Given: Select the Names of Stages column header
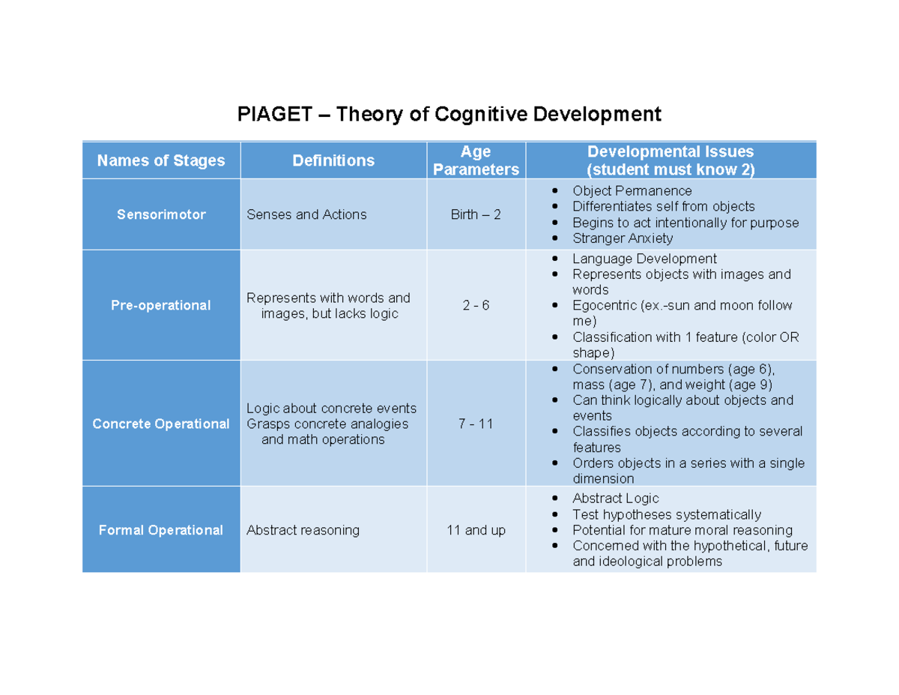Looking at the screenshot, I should coord(161,160).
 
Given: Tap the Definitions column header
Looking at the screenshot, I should coord(333,160).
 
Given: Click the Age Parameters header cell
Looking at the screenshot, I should coord(476,160).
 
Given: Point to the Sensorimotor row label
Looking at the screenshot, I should coord(161,214).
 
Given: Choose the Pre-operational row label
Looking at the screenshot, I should coord(161,305).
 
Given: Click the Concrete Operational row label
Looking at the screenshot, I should coord(161,424).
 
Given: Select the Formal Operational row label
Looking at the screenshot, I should coord(161,530).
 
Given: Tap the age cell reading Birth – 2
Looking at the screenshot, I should coord(476,214).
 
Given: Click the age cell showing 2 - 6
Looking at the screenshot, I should coord(476,305).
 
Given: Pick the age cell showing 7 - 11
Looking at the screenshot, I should coord(476,424).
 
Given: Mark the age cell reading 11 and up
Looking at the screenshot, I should coord(476,530).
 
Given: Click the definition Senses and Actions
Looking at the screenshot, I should coord(306,214).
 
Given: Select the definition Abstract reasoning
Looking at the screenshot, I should coord(303,530).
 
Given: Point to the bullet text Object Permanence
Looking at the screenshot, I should coord(632,190).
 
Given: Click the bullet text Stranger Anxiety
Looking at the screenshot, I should coord(623,238).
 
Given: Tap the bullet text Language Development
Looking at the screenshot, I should coord(644,259).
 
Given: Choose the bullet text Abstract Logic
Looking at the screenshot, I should coord(616,499).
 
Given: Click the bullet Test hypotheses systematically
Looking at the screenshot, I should coord(666,514).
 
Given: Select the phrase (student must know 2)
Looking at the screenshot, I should coord(671,169).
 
